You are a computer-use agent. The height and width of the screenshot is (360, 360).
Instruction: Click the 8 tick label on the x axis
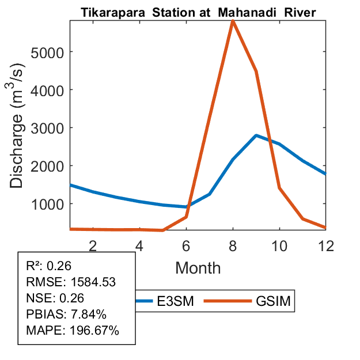click(232, 246)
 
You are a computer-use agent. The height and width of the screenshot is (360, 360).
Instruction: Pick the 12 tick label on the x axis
click(325, 246)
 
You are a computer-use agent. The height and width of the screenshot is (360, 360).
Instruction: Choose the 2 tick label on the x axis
click(93, 246)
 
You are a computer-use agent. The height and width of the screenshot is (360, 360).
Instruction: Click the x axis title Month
click(198, 267)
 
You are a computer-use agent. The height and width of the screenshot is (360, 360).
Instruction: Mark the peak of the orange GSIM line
click(232, 21)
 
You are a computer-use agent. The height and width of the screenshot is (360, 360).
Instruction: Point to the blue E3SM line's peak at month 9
click(256, 135)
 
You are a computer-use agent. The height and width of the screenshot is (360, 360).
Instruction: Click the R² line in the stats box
click(48, 266)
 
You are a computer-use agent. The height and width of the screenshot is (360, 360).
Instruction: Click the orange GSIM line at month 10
click(279, 188)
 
